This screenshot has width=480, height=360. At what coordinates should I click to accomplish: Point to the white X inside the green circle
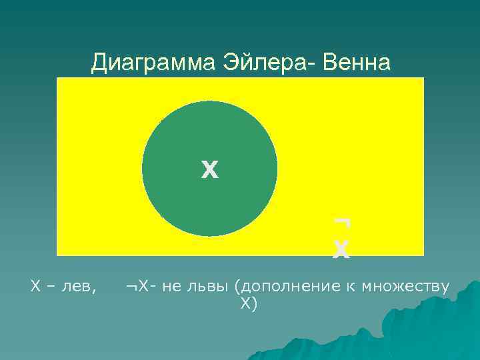click(209, 171)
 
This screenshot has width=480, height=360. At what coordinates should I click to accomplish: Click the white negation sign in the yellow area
click(343, 222)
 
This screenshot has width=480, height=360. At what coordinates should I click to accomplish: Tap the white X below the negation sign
click(341, 249)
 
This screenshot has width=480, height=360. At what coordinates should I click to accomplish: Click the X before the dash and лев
click(35, 287)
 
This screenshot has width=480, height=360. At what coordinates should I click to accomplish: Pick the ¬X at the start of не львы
click(135, 287)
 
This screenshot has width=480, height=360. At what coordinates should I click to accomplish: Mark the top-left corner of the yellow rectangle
click(57, 78)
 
